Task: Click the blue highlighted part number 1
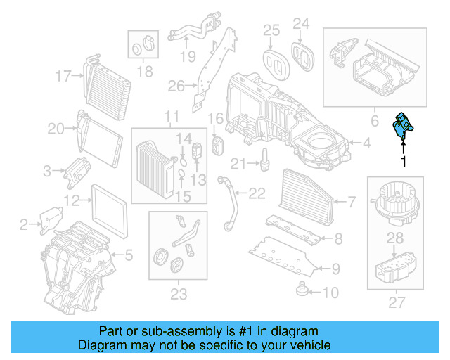point(403,130)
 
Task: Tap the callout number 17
point(64,75)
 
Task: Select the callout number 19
point(186,56)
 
